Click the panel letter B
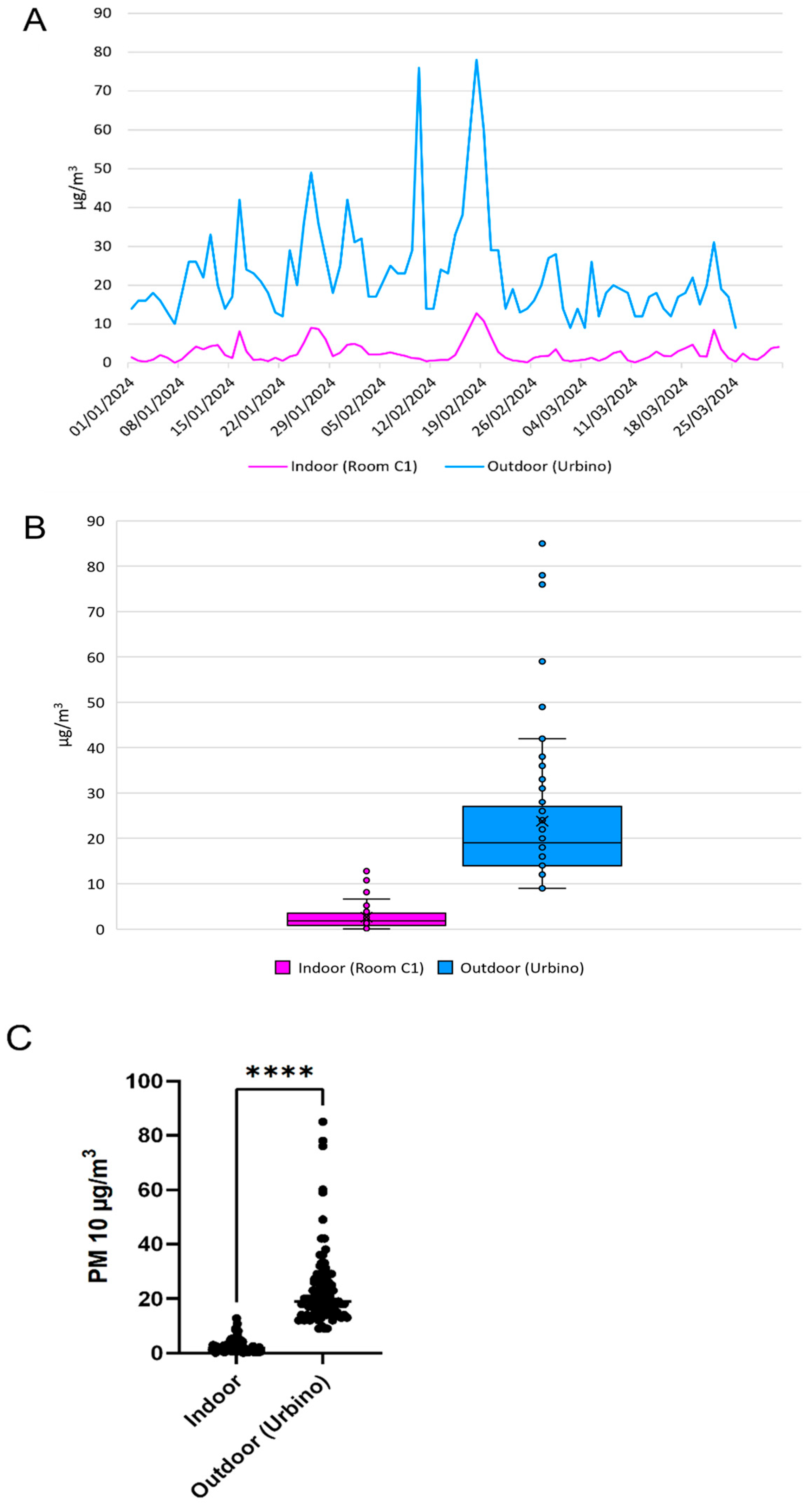click(34, 527)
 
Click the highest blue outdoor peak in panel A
click(476, 60)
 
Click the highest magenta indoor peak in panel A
click(476, 314)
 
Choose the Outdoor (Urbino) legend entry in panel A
click(528, 466)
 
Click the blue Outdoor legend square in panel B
click(445, 968)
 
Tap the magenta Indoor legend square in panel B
click(283, 968)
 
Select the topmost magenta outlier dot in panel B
click(367, 871)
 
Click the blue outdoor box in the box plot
click(542, 836)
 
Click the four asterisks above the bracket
click(280, 1072)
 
